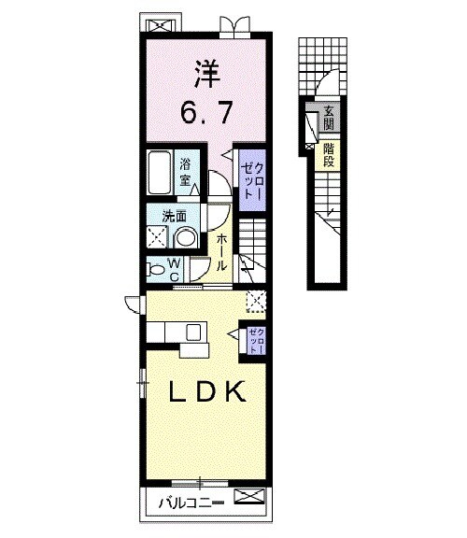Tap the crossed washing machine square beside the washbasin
click(x=159, y=237)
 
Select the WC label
click(x=174, y=269)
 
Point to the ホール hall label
click(x=221, y=252)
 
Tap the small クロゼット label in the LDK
click(x=257, y=340)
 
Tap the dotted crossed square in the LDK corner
click(x=254, y=300)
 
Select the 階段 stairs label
click(x=329, y=154)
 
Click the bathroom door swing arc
click(x=214, y=182)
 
